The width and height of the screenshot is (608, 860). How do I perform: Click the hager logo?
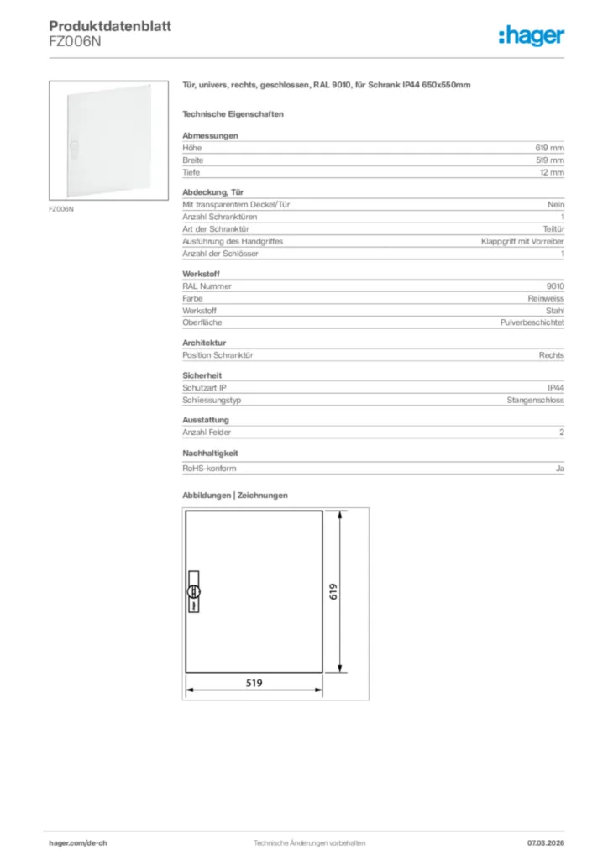pyautogui.click(x=531, y=35)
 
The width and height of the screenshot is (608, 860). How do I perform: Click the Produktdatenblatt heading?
pyautogui.click(x=110, y=26)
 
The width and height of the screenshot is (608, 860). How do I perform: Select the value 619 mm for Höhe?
pyautogui.click(x=550, y=148)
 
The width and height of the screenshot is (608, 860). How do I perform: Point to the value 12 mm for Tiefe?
pyautogui.click(x=552, y=172)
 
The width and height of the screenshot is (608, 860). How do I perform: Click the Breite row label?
pyautogui.click(x=193, y=160)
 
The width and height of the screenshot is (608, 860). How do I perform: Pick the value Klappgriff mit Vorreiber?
pyautogui.click(x=522, y=241)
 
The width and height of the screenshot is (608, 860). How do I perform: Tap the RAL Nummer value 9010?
pyautogui.click(x=555, y=286)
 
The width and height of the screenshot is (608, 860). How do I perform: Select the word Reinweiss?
pyautogui.click(x=546, y=298)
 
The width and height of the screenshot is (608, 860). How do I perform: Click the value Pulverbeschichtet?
pyautogui.click(x=532, y=322)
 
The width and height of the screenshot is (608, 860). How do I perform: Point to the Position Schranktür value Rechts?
pyautogui.click(x=552, y=355)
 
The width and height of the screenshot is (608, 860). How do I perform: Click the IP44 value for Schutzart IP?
pyautogui.click(x=555, y=388)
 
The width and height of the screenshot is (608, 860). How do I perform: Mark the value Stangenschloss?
pyautogui.click(x=536, y=401)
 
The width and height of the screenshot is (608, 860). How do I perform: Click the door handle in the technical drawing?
pyautogui.click(x=193, y=591)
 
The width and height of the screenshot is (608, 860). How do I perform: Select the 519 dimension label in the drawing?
pyautogui.click(x=254, y=684)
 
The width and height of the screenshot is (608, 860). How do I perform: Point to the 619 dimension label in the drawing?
pyautogui.click(x=333, y=592)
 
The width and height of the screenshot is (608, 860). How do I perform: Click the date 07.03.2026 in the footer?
pyautogui.click(x=544, y=842)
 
